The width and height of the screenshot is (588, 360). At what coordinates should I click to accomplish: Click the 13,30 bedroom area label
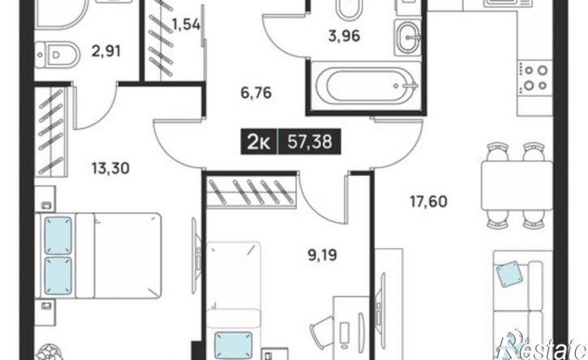110,169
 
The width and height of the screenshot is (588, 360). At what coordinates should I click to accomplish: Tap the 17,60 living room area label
428,202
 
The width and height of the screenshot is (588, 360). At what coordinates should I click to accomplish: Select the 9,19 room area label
323,255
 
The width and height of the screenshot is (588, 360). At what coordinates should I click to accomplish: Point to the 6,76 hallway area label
256,92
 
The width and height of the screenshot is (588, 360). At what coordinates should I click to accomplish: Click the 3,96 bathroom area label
345,36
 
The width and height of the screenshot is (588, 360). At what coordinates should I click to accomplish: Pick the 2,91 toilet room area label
106,51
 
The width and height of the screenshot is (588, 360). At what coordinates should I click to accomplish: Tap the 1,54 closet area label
186,25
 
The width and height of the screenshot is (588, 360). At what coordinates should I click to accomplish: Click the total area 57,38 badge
310,142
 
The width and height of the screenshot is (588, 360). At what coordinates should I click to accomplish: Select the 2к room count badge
259,142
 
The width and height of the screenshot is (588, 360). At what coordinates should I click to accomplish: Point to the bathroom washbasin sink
408,37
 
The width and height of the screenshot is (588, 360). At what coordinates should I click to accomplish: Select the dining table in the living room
517,186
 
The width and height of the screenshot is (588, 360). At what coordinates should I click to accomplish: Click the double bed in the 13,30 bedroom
98,256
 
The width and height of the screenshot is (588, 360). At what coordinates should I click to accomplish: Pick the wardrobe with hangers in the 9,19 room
252,191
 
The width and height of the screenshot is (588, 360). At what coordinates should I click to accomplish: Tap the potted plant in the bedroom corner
50,353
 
